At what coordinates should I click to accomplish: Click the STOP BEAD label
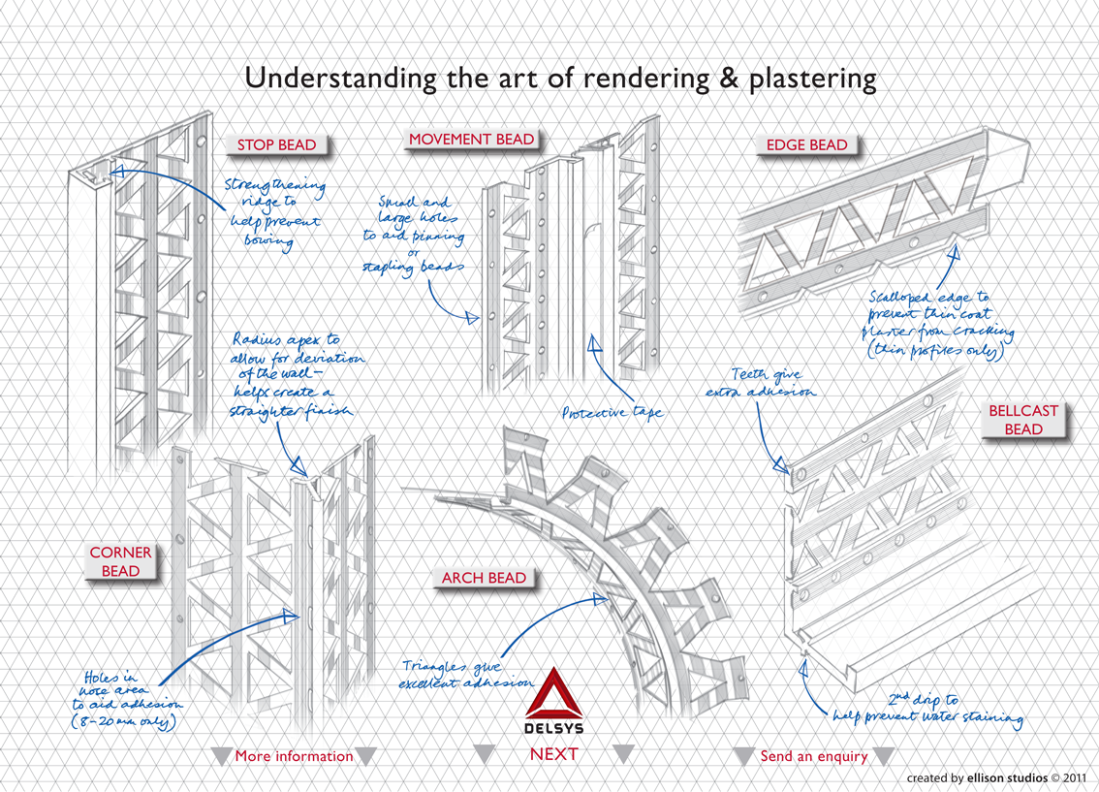pos(277,145)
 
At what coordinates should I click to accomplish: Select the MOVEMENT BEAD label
pos(471,140)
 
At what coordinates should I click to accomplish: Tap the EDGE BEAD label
pos(806,145)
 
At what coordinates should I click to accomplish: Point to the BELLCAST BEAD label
pos(1023,420)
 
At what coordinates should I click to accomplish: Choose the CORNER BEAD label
pos(120,561)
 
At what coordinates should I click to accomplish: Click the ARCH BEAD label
pos(485,578)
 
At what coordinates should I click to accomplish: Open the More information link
pos(294,756)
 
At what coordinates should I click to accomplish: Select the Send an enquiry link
pos(813,756)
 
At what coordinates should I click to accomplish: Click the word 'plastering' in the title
pos(812,79)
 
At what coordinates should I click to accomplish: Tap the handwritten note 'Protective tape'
pos(612,413)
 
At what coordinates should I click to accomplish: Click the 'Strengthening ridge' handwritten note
pos(273,213)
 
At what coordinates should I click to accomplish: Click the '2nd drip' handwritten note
pos(927,709)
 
